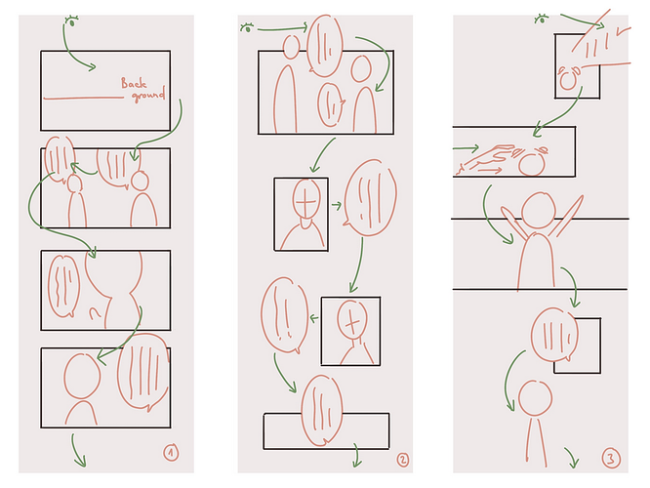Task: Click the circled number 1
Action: pos(171,453)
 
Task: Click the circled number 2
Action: pos(402,460)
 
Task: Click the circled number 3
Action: pos(611,459)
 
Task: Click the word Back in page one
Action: pos(134,83)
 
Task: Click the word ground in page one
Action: pos(148,95)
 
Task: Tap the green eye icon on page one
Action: pos(71,21)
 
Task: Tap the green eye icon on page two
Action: pos(247,27)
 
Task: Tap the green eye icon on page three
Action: pos(541,20)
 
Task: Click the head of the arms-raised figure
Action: pos(539,210)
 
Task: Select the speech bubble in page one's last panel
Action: pos(143,372)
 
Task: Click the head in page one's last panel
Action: pos(82,376)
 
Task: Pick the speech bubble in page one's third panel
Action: pos(63,286)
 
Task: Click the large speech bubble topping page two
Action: pos(325,46)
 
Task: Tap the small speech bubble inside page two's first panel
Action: pos(331,104)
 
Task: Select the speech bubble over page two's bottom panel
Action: pos(322,411)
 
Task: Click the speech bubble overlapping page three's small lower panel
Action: pos(554,335)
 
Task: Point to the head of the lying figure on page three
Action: pos(532,164)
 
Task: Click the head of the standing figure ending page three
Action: pos(535,398)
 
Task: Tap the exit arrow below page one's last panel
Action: pos(77,450)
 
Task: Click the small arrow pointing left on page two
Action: pos(314,318)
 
